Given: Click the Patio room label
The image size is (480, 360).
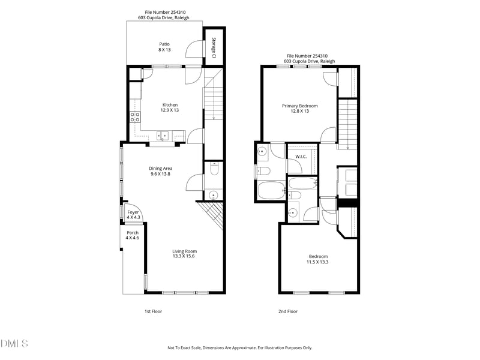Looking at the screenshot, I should click(164, 47).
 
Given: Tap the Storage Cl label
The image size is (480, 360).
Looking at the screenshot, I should click(214, 47).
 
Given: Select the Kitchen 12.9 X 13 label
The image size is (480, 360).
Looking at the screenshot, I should click(169, 107).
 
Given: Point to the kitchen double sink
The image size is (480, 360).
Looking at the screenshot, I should click(163, 135).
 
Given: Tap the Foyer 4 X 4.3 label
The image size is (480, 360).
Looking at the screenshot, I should click(133, 215).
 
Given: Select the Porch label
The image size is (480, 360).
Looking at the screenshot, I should click(132, 235).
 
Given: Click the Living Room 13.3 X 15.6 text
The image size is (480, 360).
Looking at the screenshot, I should click(184, 254).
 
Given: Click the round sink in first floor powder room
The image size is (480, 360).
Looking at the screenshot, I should click(213, 194).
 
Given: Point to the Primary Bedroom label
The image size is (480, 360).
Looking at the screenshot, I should click(299, 108).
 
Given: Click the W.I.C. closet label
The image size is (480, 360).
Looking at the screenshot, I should click(301, 157).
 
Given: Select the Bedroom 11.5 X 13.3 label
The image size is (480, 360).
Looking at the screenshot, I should click(318, 259).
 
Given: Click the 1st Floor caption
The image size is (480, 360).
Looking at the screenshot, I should click(153, 311).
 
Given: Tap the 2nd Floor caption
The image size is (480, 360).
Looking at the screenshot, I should click(288, 311).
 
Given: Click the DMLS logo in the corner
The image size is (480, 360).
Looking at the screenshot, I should click(14, 344).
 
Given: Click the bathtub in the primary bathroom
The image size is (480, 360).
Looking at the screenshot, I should click(270, 191).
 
